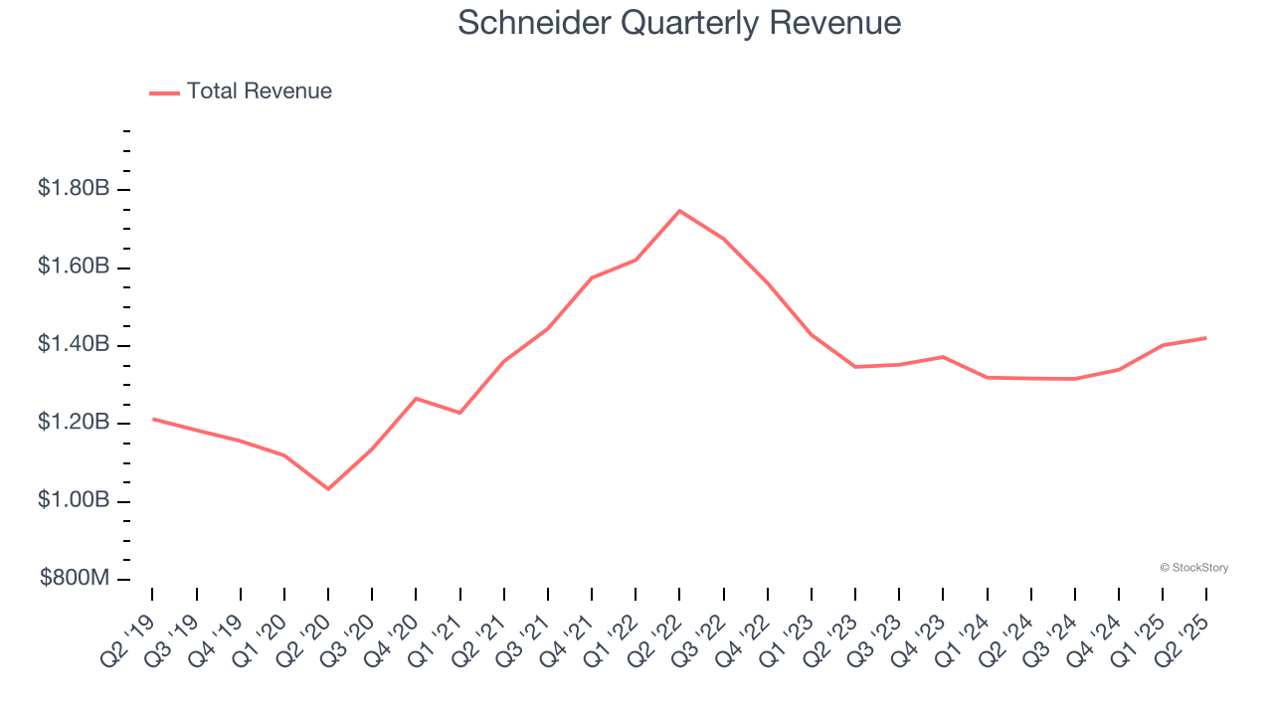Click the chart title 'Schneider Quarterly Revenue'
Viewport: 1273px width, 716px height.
pyautogui.click(x=679, y=22)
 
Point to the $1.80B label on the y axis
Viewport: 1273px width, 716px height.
pyautogui.click(x=73, y=188)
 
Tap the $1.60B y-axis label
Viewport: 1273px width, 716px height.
pyautogui.click(x=73, y=267)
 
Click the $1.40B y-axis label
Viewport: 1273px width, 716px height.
pyautogui.click(x=73, y=344)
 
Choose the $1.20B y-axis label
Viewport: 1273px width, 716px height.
pyautogui.click(x=73, y=423)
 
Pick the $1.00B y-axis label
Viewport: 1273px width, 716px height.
pyautogui.click(x=73, y=500)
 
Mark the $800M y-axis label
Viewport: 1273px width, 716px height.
pyautogui.click(x=73, y=579)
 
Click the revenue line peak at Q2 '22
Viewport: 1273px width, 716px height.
pyautogui.click(x=679, y=211)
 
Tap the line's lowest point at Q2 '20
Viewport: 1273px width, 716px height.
pyautogui.click(x=328, y=489)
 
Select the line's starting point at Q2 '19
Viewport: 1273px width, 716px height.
pyautogui.click(x=153, y=419)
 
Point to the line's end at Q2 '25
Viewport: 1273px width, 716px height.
pyautogui.click(x=1206, y=338)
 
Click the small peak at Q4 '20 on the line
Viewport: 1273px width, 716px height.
pyautogui.click(x=416, y=398)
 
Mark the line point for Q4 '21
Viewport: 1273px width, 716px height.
pyautogui.click(x=592, y=277)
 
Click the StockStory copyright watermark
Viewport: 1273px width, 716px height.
pyautogui.click(x=1193, y=568)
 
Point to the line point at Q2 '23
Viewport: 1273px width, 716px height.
pyautogui.click(x=855, y=367)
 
